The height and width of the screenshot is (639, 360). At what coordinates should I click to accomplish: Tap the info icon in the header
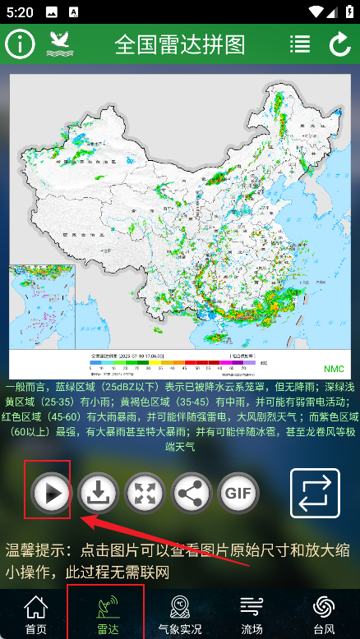(x=21, y=44)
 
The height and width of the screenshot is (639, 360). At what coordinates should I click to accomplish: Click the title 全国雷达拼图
(x=180, y=44)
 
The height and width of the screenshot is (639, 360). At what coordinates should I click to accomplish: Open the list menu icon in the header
(x=300, y=44)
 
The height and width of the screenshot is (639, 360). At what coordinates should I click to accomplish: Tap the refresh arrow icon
(x=339, y=44)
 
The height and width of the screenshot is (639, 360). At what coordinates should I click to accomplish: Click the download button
(x=98, y=494)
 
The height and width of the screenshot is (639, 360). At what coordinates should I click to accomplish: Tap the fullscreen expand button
(x=145, y=494)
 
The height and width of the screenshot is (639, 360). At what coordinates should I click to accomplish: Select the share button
(x=191, y=494)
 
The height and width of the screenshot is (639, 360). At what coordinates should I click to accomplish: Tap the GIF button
(x=238, y=494)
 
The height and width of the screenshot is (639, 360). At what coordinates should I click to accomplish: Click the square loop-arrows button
(x=315, y=493)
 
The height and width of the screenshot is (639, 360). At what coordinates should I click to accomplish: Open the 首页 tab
(x=35, y=614)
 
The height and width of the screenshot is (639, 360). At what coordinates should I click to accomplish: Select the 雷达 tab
(x=107, y=614)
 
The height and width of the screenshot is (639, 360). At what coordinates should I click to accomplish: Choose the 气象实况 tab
(x=179, y=614)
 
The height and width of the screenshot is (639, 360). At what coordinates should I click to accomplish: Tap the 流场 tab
(x=252, y=614)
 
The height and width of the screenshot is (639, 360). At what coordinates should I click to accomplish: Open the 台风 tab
(x=323, y=614)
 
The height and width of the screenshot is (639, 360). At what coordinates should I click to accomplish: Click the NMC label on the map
(x=334, y=369)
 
